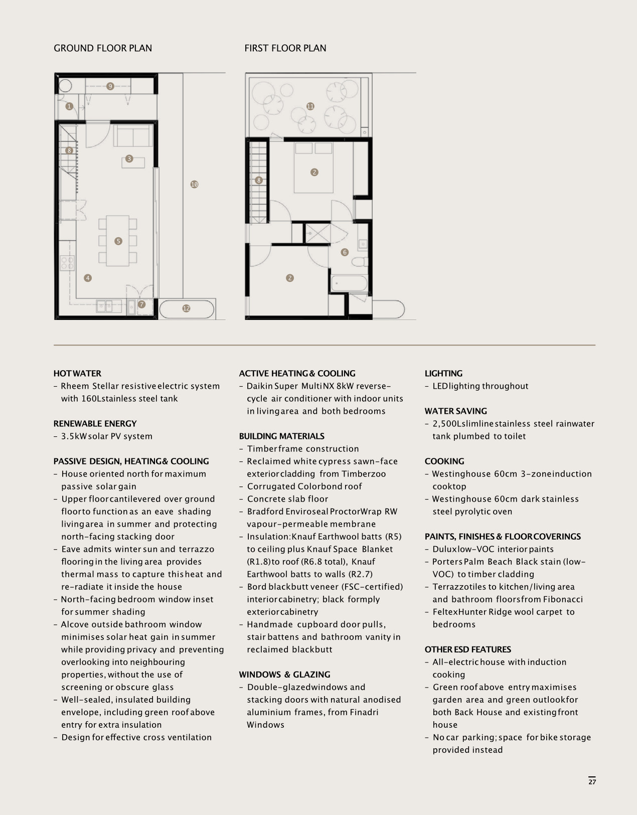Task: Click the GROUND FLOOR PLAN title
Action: pos(103,48)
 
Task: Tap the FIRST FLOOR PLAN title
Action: pos(285,48)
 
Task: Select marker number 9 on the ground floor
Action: pos(110,86)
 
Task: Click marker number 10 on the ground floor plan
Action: pos(194,184)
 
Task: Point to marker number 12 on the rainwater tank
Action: pos(187,308)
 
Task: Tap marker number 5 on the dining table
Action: pos(118,241)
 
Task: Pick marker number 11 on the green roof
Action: pos(310,106)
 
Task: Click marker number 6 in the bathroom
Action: pos(345,252)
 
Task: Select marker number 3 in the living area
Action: pos(129,158)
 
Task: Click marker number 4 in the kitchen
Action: pos(88,278)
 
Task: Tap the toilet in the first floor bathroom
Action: pos(360,261)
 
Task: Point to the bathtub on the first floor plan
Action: pos(349,283)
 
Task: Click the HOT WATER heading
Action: pos(77,374)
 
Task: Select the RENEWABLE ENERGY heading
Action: pos(95,424)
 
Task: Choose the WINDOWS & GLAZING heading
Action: pos(284,675)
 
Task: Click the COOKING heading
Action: pos(444,461)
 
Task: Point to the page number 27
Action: pos(592,782)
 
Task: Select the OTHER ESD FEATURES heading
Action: pos(468,649)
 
